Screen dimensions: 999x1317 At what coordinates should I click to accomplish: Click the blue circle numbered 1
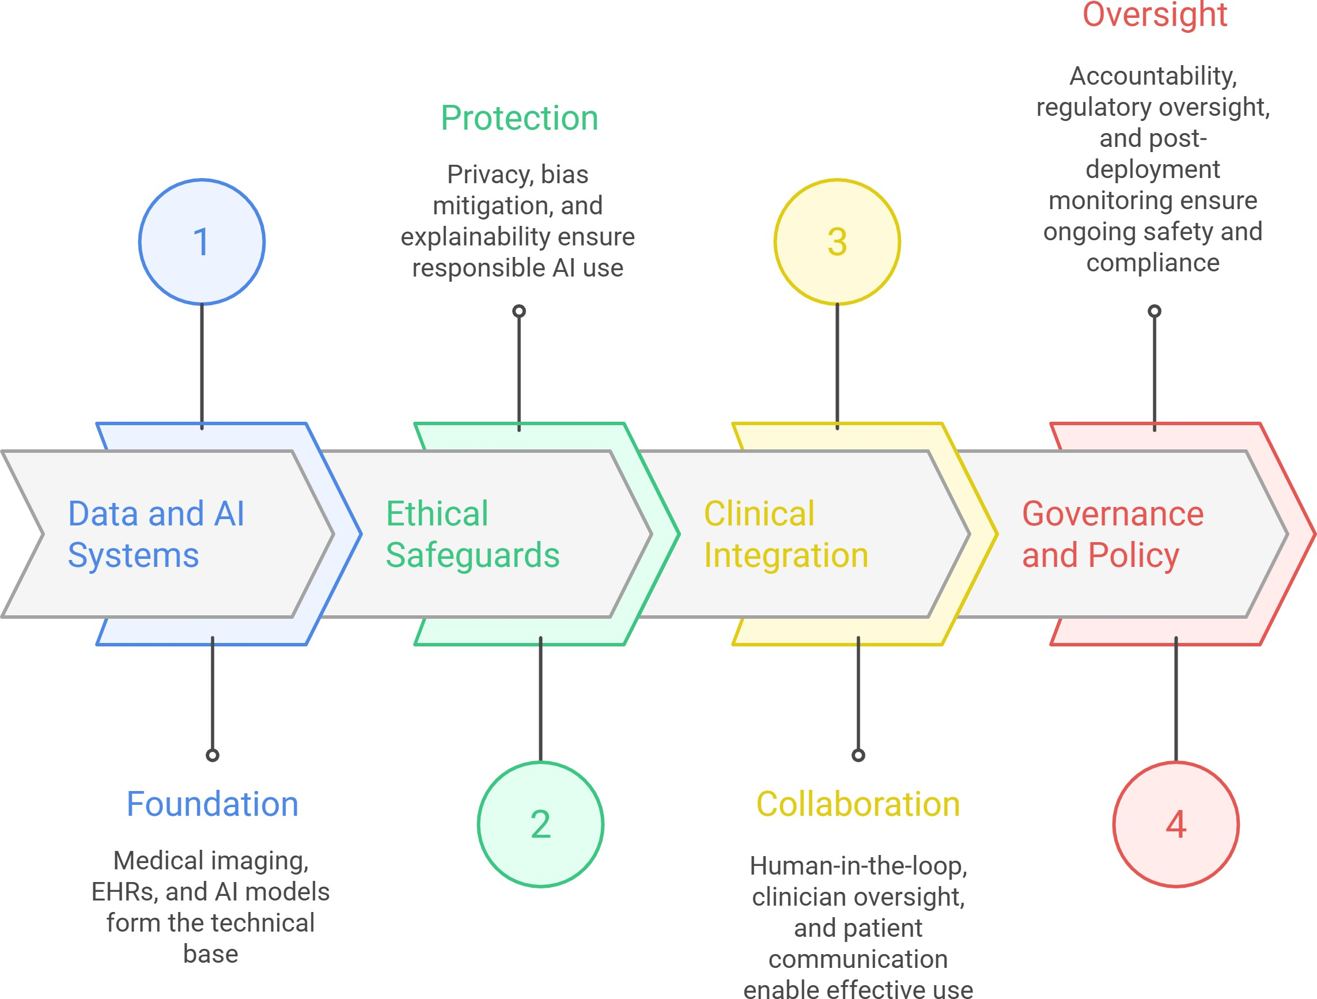(x=202, y=242)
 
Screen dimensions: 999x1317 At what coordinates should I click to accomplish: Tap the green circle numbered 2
(x=540, y=824)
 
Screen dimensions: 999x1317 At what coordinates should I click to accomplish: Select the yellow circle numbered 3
(x=837, y=242)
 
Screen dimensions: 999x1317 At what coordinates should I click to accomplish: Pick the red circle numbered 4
(x=1176, y=824)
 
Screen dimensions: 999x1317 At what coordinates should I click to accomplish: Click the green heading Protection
(x=519, y=118)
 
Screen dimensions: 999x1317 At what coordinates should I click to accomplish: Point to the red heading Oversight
(x=1155, y=14)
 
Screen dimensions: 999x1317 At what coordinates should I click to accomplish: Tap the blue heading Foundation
(x=212, y=804)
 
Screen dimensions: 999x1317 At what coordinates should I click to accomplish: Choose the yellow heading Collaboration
(x=858, y=804)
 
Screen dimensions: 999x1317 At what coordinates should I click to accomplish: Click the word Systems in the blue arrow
(x=133, y=555)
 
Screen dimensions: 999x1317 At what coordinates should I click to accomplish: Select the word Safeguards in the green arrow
(x=473, y=555)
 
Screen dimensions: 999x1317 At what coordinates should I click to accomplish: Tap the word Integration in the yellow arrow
(x=786, y=555)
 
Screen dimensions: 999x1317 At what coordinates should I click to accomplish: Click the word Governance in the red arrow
(x=1113, y=513)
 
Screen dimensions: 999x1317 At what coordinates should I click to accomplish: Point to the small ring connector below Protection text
(x=519, y=311)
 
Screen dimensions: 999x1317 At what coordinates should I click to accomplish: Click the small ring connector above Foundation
(x=213, y=755)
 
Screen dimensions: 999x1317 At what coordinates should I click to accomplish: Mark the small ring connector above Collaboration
(x=858, y=755)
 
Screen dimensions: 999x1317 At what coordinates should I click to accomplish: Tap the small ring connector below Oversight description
(x=1155, y=311)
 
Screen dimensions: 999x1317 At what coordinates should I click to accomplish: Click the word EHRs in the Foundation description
(x=124, y=892)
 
